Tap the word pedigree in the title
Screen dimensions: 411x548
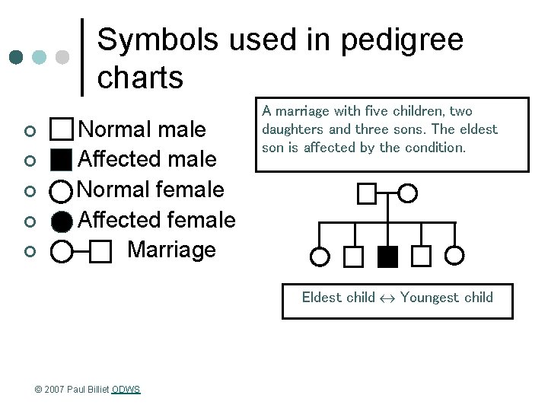[x=400, y=40]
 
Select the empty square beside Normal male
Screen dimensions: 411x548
[x=62, y=129]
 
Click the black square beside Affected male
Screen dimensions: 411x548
[x=62, y=160]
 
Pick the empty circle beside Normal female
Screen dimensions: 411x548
[x=62, y=190]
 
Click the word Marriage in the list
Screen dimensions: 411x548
[x=171, y=250]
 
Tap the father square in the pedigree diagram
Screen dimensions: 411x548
[x=367, y=194]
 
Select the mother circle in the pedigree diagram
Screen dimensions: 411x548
[x=408, y=194]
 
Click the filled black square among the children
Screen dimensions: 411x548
[x=387, y=256]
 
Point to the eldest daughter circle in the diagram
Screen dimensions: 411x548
[x=320, y=256]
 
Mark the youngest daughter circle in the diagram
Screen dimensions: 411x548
[x=454, y=256]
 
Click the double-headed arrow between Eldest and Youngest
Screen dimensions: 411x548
[x=387, y=298]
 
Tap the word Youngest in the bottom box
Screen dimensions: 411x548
[x=429, y=298]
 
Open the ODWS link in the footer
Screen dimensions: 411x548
[x=126, y=390]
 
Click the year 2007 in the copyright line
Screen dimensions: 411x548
[x=53, y=390]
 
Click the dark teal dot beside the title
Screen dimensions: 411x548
[x=16, y=57]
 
